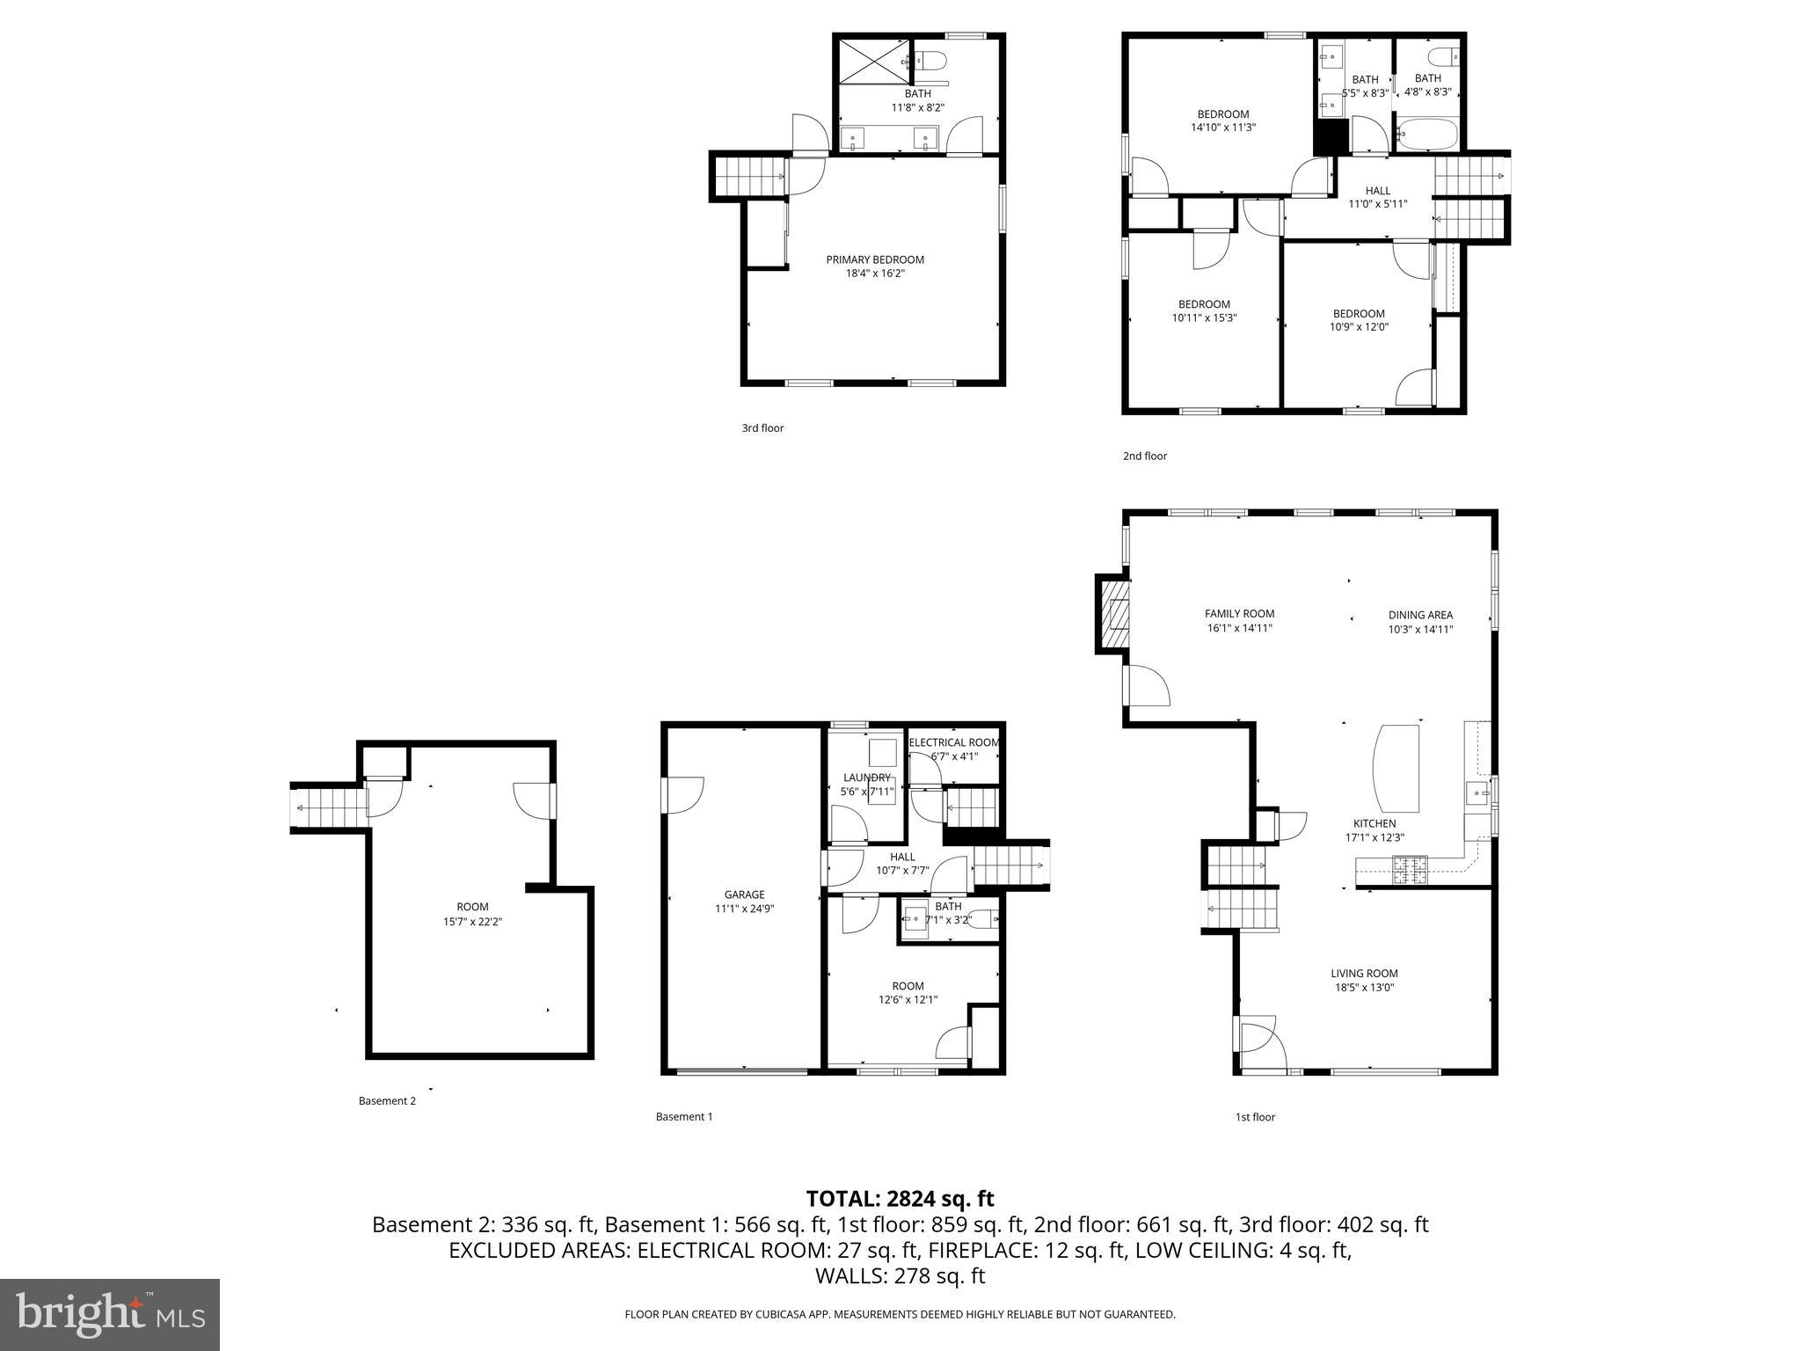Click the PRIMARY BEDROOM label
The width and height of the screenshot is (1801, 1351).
point(874,259)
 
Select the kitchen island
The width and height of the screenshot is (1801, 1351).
point(1396,768)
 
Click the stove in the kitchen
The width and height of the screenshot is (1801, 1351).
point(1410,870)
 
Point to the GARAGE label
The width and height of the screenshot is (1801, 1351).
point(744,895)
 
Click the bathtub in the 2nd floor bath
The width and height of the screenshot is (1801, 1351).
point(1426,135)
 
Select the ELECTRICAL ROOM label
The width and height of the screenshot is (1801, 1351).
point(954,742)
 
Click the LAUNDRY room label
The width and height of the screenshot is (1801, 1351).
point(866,778)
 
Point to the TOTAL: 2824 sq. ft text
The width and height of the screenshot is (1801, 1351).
point(900,1199)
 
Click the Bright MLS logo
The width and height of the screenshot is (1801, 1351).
point(110,1314)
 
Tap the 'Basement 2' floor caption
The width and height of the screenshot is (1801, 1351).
point(387,1100)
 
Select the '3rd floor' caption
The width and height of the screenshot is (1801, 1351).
point(762,428)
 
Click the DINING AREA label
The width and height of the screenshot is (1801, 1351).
point(1420,615)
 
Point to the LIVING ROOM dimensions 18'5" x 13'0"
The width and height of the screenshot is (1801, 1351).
point(1364,987)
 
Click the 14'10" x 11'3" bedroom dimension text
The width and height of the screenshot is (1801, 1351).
point(1222,128)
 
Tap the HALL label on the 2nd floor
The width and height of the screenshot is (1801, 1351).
point(1377,191)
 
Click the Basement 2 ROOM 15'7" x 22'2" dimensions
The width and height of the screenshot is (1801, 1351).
point(472,922)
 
